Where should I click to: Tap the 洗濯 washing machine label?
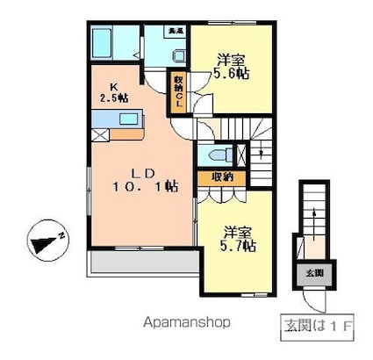175,31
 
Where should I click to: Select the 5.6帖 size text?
233,75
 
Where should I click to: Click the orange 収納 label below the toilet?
220,177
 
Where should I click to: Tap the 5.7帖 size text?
238,247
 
